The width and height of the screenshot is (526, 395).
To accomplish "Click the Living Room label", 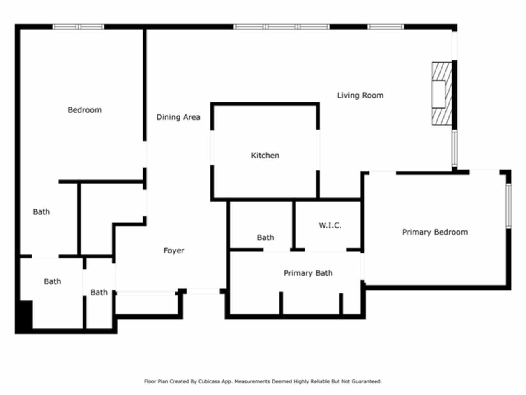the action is pos(360,95).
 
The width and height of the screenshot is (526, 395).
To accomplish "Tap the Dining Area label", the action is pos(178,117).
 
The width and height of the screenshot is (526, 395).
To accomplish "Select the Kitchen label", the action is pos(265,156).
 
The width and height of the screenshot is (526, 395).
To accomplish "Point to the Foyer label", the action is pos(174,251).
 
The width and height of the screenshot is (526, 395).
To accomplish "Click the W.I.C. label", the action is pos(330,225).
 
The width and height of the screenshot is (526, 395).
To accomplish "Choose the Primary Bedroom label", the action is pos(435,232).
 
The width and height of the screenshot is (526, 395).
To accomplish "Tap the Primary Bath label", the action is pos(308,273).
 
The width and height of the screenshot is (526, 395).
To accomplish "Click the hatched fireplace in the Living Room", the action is pos(442,93).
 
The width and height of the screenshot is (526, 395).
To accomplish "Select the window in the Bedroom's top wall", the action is pos(78,27).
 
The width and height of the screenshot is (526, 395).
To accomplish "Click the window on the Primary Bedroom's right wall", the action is pos(509,206).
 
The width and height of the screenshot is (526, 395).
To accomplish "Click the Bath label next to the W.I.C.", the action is pos(265,238).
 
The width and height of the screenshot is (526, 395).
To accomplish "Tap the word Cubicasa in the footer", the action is pos(208,381).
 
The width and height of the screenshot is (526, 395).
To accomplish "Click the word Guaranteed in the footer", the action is pos(368,381).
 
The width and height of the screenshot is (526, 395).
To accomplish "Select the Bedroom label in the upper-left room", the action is pos(85,110).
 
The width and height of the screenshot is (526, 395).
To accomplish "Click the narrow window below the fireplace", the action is pos(454,148).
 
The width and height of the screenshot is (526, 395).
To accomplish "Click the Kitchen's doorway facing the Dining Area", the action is pos(212,147).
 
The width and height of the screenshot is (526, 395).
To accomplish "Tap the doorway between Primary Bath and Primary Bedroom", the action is pos(362,267).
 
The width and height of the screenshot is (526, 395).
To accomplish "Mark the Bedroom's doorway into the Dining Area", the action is pos(145,154).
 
